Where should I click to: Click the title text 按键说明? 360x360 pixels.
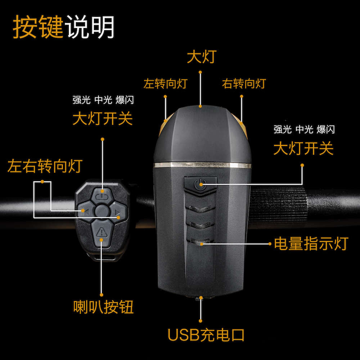pos(64,27)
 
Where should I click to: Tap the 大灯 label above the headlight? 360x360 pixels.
pos(201,57)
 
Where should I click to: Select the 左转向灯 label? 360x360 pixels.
pos(165,84)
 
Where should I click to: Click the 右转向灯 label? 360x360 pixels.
pos(244,84)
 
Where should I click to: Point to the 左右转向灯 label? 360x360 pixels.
pos(45,166)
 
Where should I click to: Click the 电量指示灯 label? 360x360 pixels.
pos(311,244)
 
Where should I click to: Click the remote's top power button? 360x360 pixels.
pos(102,196)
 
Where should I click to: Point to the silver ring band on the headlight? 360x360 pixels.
pos(202,165)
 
